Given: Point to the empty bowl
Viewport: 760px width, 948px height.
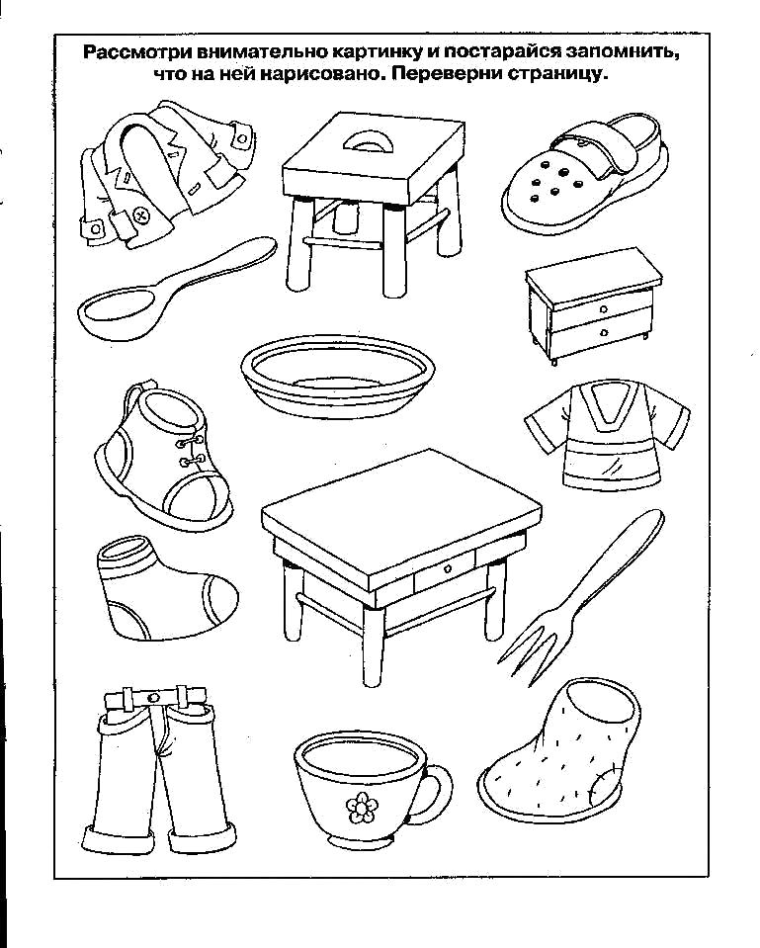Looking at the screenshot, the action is click(337, 376).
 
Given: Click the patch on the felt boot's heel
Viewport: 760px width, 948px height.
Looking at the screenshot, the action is click(604, 785).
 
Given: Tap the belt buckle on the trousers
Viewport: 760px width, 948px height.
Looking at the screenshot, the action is click(154, 697).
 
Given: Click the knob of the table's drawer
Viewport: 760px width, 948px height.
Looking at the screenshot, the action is click(447, 568).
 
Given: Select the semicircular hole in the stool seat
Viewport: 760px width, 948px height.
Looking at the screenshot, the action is click(368, 141).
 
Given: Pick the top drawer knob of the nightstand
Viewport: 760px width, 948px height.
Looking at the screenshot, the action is click(604, 309).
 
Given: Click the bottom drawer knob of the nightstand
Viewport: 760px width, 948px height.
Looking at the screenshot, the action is click(604, 332).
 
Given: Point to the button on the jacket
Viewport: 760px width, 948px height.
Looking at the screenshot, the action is click(141, 215).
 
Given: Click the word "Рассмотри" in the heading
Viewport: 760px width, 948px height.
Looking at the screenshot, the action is click(132, 52).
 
